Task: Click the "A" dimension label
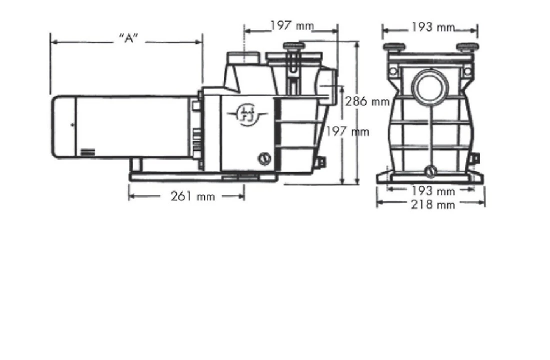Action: (128, 38)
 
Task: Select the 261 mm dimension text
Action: (192, 196)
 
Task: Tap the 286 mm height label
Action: (367, 101)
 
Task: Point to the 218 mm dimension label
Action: (432, 204)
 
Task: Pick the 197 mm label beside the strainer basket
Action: (347, 132)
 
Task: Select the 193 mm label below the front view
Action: (432, 191)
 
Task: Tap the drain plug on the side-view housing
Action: (264, 159)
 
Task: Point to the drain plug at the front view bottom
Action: (430, 171)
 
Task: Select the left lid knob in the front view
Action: (394, 48)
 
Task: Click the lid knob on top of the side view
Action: (293, 47)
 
